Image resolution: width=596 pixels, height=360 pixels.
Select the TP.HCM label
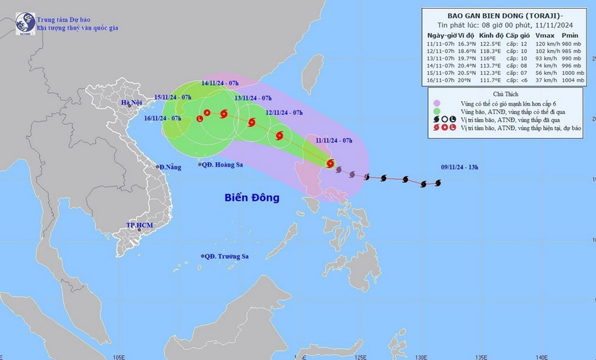point(140,226)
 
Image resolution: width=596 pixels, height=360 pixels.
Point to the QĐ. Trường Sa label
point(226,256)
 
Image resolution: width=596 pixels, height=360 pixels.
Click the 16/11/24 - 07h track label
point(162,118)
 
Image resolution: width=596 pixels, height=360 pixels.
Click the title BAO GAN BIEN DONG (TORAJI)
point(506,15)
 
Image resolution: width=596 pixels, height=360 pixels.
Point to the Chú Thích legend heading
point(506,95)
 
